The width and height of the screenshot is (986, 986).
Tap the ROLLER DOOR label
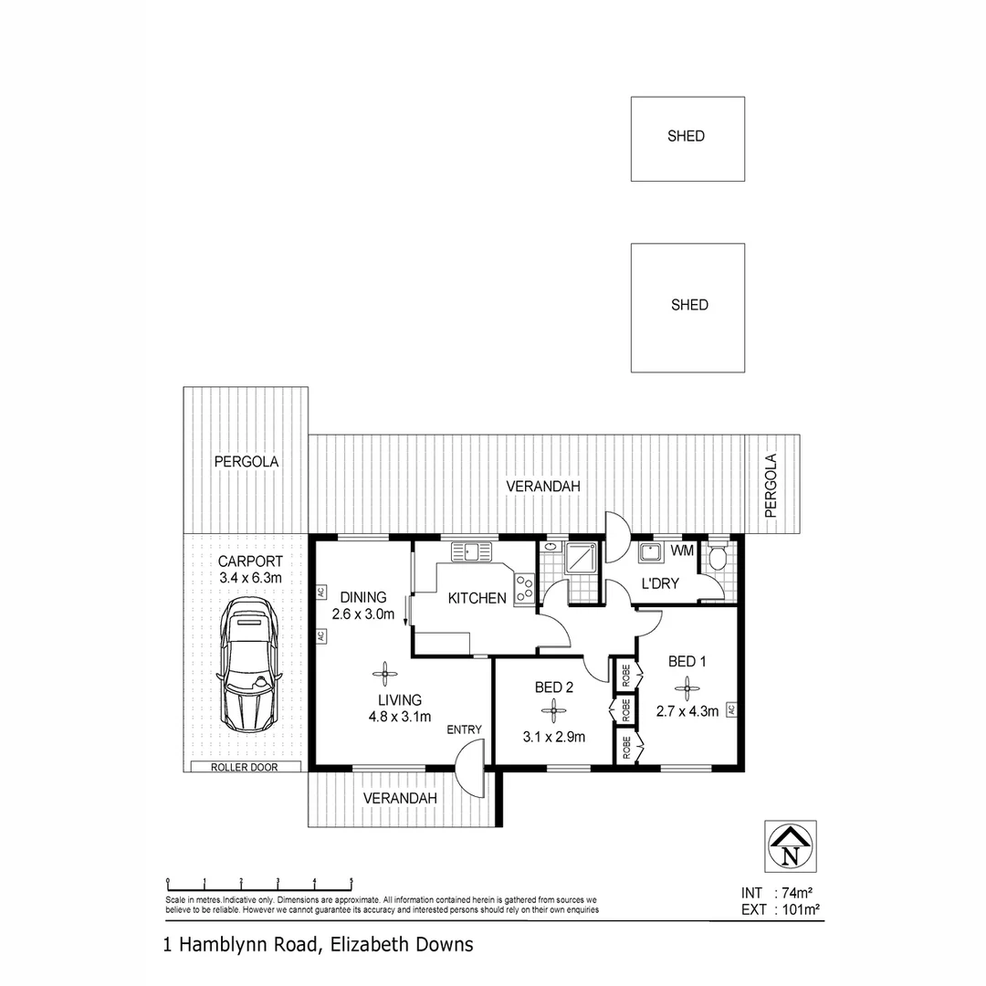coord(244,767)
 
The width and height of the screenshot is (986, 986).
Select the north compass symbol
coord(791,846)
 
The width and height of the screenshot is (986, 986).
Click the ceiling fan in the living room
coord(385,675)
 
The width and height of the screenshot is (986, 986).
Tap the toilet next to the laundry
coord(718,557)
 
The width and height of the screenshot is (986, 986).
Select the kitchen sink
coord(471,551)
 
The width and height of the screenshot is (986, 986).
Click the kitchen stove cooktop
coord(524,588)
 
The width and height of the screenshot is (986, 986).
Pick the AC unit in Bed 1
coord(730,709)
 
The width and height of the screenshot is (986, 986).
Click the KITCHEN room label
coord(477,599)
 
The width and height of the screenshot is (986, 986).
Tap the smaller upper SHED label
coord(687,136)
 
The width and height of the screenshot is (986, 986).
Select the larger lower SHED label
coord(689,305)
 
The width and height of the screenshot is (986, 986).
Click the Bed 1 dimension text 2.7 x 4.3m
coord(687,709)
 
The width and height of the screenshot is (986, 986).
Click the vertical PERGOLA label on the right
coord(771,486)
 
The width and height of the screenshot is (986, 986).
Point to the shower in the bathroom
coord(582,559)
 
